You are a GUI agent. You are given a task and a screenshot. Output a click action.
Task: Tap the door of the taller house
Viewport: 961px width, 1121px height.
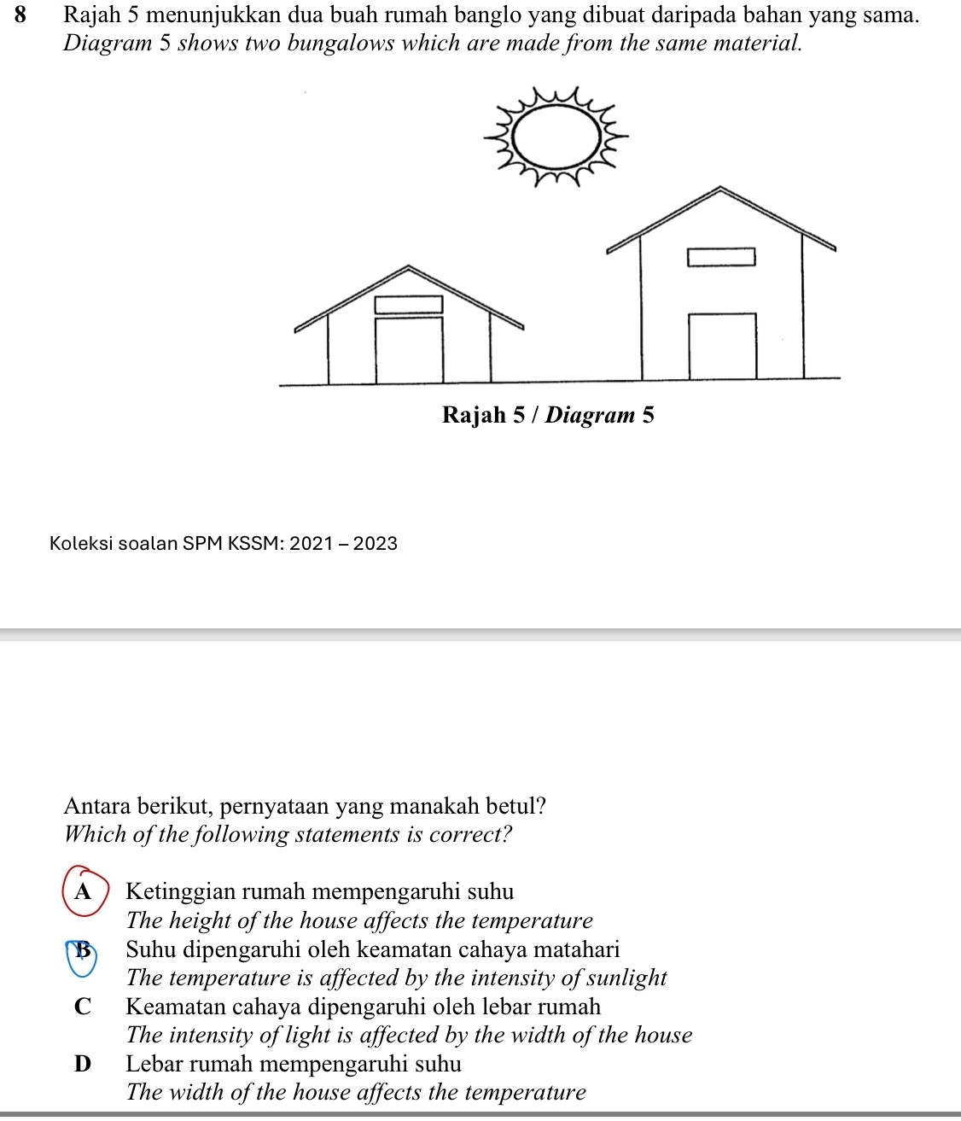point(722,345)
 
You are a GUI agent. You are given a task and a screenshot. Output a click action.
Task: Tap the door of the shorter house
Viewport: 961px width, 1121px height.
point(409,350)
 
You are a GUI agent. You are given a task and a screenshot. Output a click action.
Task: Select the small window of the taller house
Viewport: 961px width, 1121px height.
point(722,256)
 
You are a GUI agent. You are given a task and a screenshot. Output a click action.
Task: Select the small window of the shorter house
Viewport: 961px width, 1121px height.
point(409,304)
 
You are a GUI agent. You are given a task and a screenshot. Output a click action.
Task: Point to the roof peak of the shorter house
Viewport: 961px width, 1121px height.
point(409,267)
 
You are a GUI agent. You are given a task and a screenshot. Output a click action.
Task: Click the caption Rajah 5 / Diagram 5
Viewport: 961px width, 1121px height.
point(548,415)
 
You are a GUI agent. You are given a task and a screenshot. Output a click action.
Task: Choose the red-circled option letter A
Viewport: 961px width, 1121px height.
point(83,891)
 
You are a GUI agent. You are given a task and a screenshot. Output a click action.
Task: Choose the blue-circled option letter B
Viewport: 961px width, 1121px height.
point(83,950)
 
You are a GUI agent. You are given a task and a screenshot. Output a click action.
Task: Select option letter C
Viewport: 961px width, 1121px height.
point(82,1007)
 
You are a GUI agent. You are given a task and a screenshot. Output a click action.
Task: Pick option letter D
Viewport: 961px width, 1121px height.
point(82,1064)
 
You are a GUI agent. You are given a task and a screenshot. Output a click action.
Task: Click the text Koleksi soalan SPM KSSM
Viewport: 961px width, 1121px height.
point(166,543)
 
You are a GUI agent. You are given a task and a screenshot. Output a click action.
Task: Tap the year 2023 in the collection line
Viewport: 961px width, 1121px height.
point(376,543)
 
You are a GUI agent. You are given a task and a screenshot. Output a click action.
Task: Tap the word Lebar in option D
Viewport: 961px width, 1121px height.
point(154,1064)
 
